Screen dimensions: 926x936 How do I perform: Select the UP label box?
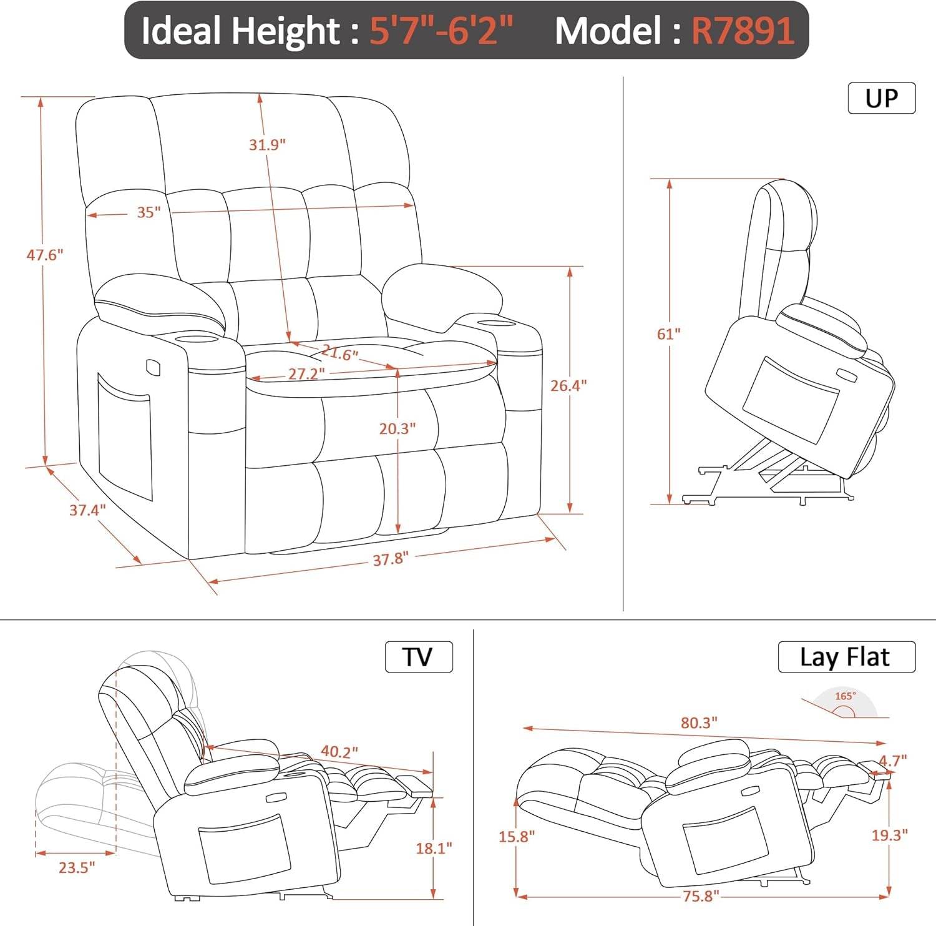[x=881, y=98]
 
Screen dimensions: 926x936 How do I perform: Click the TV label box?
[x=418, y=657]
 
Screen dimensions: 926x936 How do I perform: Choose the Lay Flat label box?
[x=846, y=657]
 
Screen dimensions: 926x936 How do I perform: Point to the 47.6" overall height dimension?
[x=45, y=255]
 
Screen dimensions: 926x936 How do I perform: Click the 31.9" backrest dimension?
[x=267, y=145]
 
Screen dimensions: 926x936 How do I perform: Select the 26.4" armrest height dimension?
[x=568, y=386]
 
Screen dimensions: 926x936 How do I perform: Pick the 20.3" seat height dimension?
[x=397, y=429]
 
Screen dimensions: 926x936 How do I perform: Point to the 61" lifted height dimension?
[x=668, y=334]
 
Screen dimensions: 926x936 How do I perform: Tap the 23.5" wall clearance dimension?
[x=77, y=867]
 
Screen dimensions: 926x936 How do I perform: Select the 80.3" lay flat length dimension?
[x=699, y=723]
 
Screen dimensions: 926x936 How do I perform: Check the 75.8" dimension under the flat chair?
[x=698, y=896]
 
